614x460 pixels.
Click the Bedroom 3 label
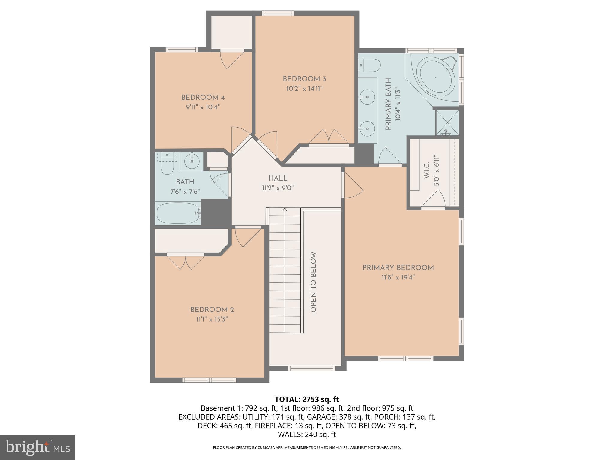pyautogui.click(x=304, y=79)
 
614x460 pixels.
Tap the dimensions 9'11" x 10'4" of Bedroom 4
pyautogui.click(x=203, y=107)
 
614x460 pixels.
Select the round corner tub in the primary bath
pyautogui.click(x=435, y=77)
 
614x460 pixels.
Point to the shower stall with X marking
pyautogui.click(x=447, y=122)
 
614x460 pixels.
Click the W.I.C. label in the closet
pyautogui.click(x=427, y=170)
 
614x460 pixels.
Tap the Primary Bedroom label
pyautogui.click(x=398, y=268)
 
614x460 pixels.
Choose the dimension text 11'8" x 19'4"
pyautogui.click(x=398, y=277)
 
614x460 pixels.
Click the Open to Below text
pyautogui.click(x=313, y=282)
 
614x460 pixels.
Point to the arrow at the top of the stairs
pyautogui.click(x=285, y=209)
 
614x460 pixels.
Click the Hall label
pyautogui.click(x=278, y=178)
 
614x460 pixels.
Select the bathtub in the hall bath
pyautogui.click(x=178, y=213)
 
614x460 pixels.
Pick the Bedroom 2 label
pyautogui.click(x=212, y=310)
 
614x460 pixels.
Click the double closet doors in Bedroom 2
pyautogui.click(x=186, y=262)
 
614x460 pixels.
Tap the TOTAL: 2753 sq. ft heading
pyautogui.click(x=307, y=399)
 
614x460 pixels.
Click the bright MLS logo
pyautogui.click(x=37, y=447)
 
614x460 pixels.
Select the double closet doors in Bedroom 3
pyautogui.click(x=329, y=137)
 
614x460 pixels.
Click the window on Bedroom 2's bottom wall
pyautogui.click(x=209, y=380)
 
